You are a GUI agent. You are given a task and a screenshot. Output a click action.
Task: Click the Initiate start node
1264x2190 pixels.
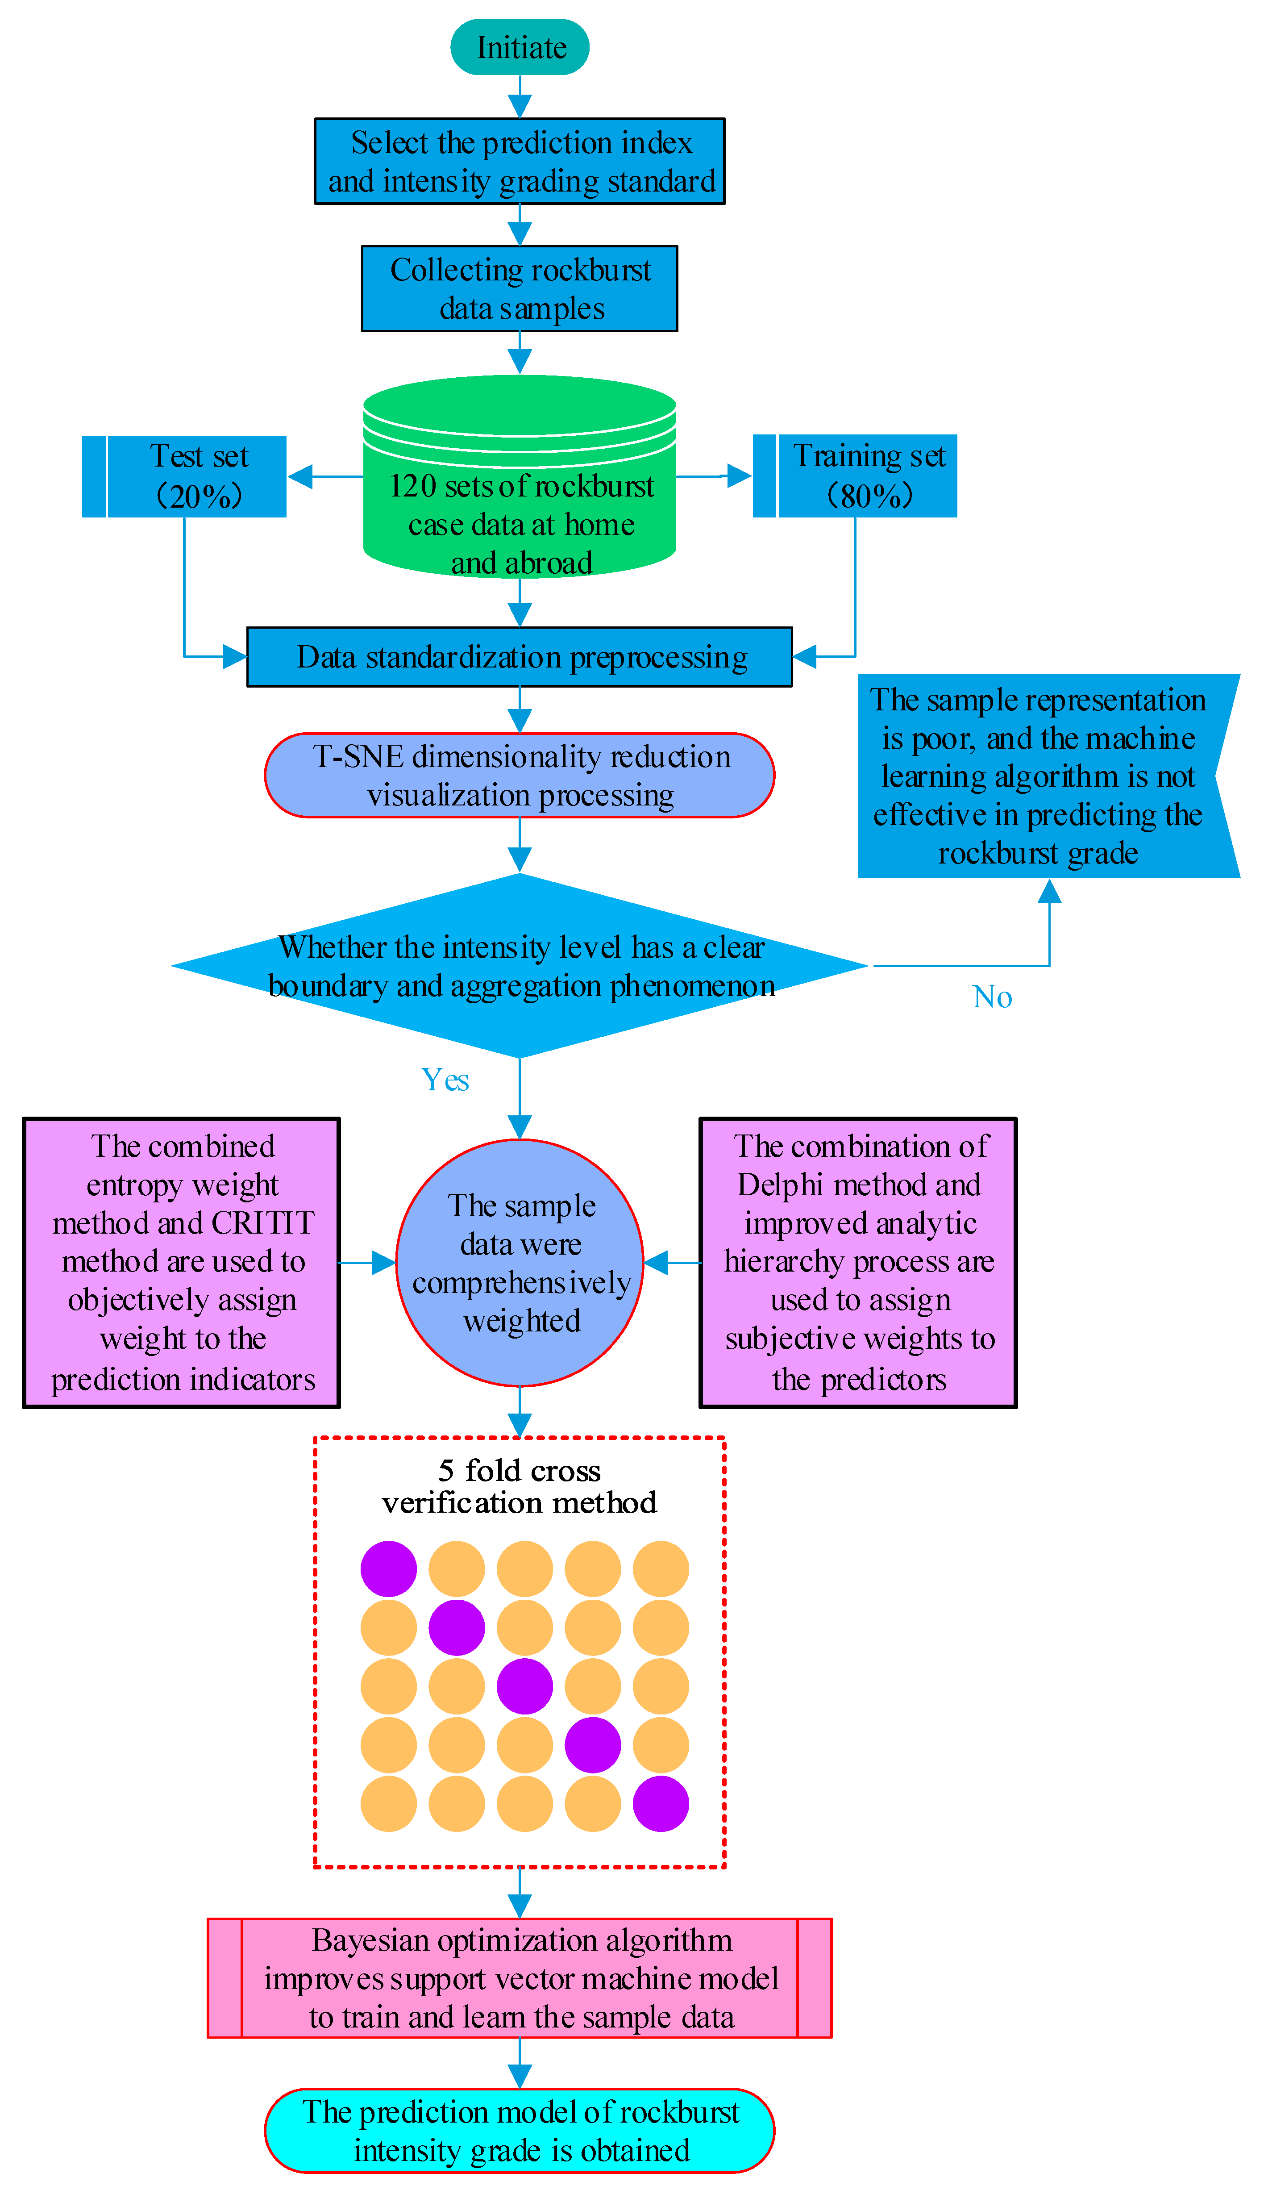pyautogui.click(x=519, y=47)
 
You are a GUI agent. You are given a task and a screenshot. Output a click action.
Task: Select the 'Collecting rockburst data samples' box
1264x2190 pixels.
pyautogui.click(x=519, y=288)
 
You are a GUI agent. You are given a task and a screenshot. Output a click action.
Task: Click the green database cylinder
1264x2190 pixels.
pyautogui.click(x=519, y=486)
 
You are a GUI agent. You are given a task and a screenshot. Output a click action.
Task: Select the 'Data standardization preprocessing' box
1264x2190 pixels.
pyautogui.click(x=519, y=657)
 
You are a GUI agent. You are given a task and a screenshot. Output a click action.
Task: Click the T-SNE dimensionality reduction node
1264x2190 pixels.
pyautogui.click(x=519, y=776)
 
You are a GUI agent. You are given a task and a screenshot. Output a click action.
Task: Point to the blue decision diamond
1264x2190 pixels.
pyautogui.click(x=519, y=966)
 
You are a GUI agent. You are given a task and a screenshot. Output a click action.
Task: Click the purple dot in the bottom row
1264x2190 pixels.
pyautogui.click(x=661, y=1804)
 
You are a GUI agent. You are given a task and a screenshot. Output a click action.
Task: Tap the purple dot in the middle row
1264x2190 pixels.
pyautogui.click(x=524, y=1686)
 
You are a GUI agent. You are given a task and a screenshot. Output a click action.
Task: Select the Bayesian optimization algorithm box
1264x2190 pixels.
pyautogui.click(x=519, y=1978)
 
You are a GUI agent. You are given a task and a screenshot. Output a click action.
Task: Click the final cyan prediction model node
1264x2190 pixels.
pyautogui.click(x=519, y=2131)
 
